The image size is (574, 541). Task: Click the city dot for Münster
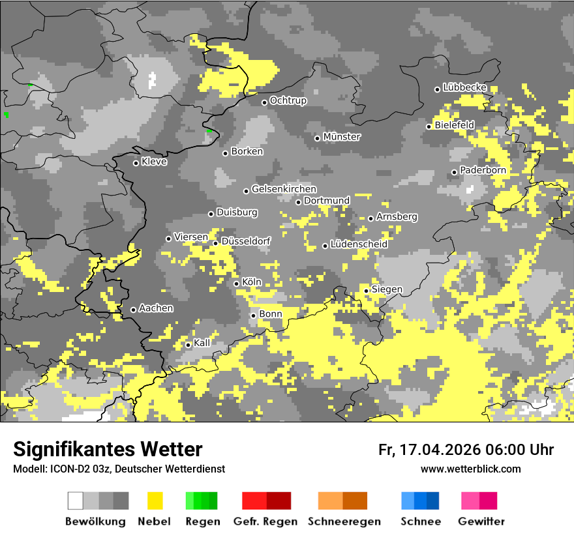click(x=318, y=138)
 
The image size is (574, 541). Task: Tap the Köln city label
click(x=251, y=283)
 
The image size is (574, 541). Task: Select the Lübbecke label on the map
click(x=464, y=87)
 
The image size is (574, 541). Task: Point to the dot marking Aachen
click(x=134, y=310)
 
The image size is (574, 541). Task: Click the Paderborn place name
click(x=483, y=170)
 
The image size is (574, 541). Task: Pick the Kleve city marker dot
click(x=136, y=163)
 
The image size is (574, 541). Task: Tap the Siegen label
click(x=387, y=289)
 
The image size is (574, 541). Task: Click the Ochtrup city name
click(x=288, y=101)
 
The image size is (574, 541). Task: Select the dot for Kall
click(x=189, y=345)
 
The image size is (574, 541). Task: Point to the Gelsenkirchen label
click(x=284, y=189)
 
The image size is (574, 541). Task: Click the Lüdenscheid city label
click(x=359, y=244)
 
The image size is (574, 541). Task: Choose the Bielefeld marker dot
click(x=429, y=126)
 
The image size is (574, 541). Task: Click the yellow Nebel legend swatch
click(x=155, y=501)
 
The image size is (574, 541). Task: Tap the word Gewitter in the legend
click(x=481, y=521)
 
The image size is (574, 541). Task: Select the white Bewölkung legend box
click(x=76, y=501)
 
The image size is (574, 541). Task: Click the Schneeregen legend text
click(x=344, y=521)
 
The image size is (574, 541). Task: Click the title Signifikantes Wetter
click(x=108, y=449)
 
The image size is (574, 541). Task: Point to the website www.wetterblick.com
click(x=470, y=469)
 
